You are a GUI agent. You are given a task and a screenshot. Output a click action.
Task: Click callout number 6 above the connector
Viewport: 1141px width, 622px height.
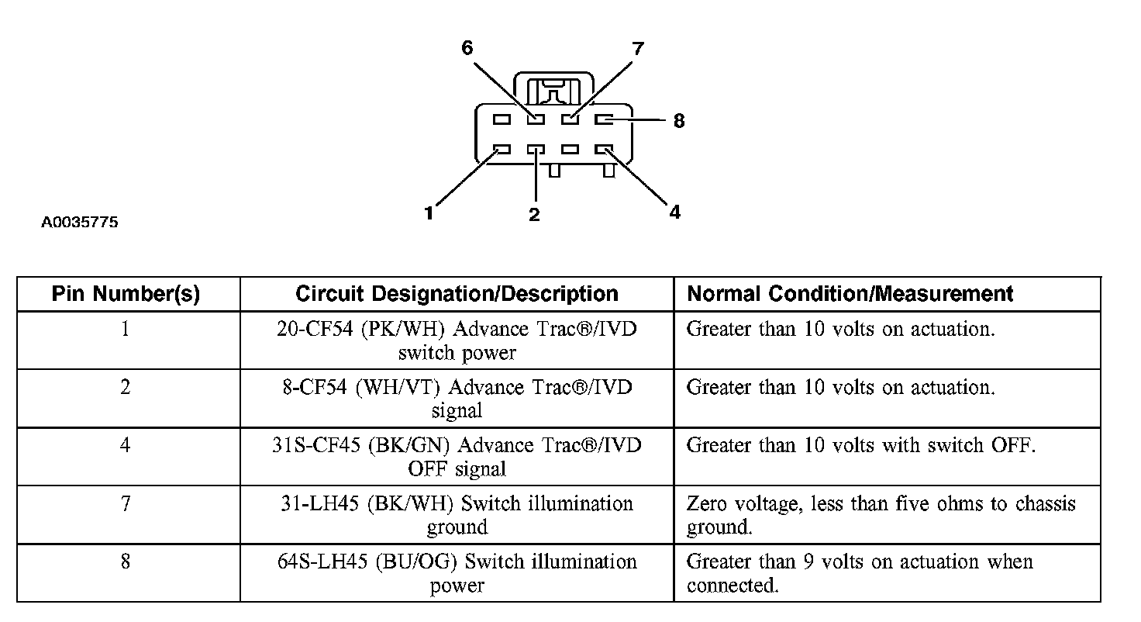pyautogui.click(x=467, y=48)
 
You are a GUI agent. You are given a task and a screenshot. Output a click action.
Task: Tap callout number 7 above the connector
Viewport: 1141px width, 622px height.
pyautogui.click(x=638, y=48)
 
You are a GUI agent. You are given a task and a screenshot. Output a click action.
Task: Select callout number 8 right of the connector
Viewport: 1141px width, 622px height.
pyautogui.click(x=679, y=121)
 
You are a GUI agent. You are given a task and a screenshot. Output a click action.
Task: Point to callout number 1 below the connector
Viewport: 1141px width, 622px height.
pyautogui.click(x=429, y=213)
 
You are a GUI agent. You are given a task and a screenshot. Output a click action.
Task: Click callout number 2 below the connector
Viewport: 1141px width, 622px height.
pyautogui.click(x=534, y=215)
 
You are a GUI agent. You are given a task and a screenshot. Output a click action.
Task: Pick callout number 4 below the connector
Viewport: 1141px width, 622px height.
pyautogui.click(x=675, y=212)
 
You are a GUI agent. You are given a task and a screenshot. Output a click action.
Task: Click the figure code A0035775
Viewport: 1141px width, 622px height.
pyautogui.click(x=80, y=223)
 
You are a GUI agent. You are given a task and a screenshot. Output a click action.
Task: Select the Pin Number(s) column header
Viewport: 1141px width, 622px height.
pyautogui.click(x=126, y=294)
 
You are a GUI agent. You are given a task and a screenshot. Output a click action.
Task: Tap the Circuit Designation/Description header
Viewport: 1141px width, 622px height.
pyautogui.click(x=457, y=294)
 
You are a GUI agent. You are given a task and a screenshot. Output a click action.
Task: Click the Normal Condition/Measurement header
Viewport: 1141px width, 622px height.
pyautogui.click(x=850, y=294)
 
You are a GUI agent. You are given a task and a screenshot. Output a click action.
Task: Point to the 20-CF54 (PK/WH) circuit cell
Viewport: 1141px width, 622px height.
pyautogui.click(x=457, y=340)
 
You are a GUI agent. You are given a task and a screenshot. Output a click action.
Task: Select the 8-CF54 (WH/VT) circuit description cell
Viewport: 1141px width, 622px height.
pyautogui.click(x=457, y=399)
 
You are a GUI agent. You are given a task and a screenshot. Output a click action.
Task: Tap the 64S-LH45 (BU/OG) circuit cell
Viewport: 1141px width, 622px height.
pyautogui.click(x=457, y=573)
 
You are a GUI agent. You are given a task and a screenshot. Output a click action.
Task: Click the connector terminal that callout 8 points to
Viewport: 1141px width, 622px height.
pyautogui.click(x=604, y=119)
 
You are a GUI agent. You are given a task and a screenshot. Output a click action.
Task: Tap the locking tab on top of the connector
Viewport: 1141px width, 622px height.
pyautogui.click(x=553, y=89)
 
